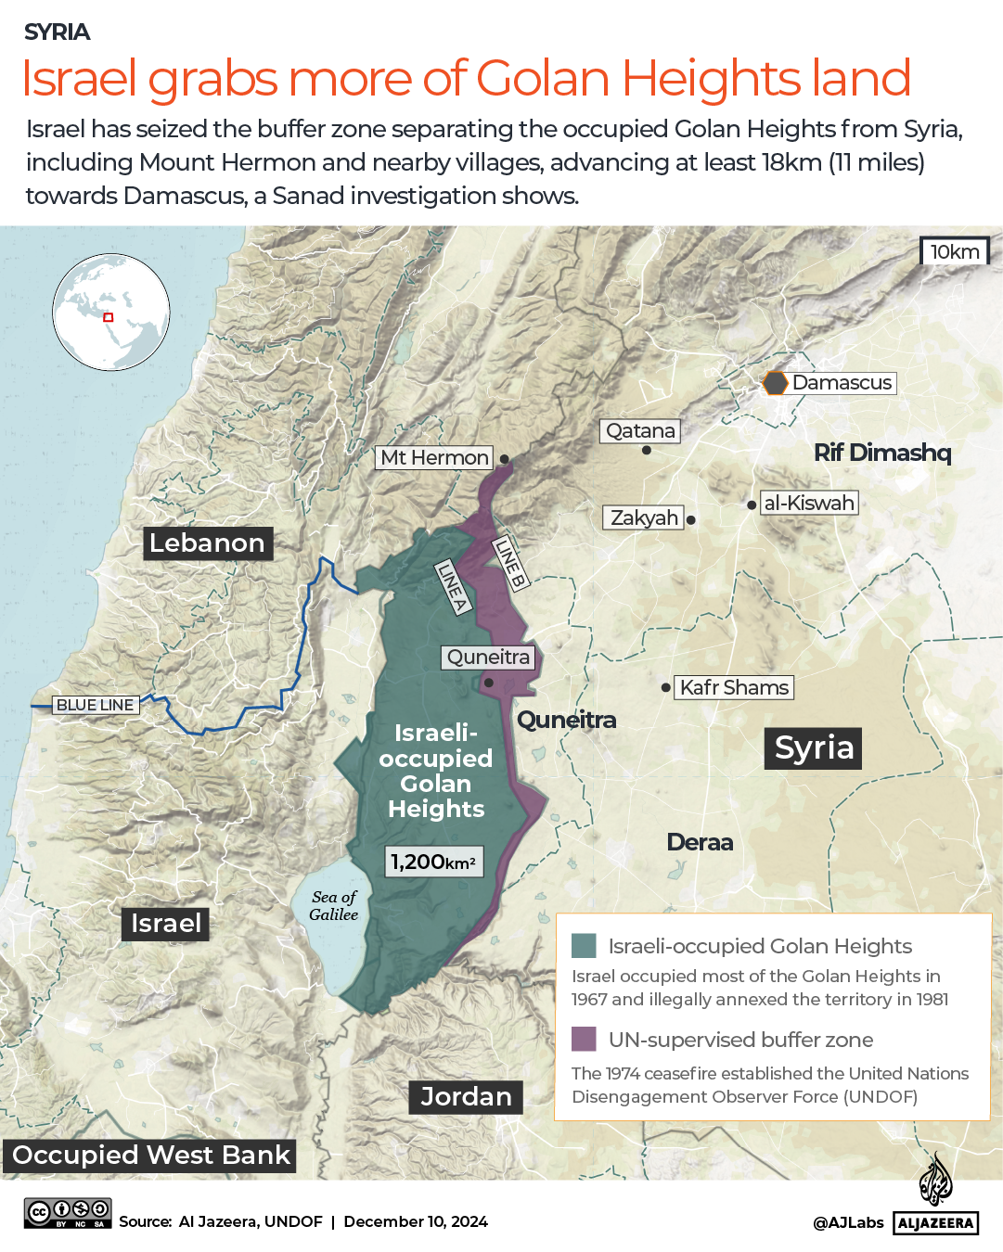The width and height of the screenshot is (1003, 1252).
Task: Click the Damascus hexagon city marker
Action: pyautogui.click(x=775, y=383)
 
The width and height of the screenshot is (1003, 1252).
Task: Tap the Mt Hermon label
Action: pyautogui.click(x=434, y=457)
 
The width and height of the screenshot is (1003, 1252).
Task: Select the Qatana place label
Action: pyautogui.click(x=640, y=431)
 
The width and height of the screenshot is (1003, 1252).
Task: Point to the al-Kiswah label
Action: pyautogui.click(x=808, y=503)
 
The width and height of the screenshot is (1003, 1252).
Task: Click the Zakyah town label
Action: pyautogui.click(x=644, y=517)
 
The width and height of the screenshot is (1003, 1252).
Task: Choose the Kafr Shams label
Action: pyautogui.click(x=734, y=687)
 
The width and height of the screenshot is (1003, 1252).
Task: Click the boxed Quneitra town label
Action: pyautogui.click(x=488, y=658)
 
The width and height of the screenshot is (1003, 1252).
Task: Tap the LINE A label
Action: pyautogui.click(x=453, y=586)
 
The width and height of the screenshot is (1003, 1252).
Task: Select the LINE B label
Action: pyautogui.click(x=509, y=562)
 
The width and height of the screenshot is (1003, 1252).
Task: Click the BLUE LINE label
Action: pyautogui.click(x=95, y=705)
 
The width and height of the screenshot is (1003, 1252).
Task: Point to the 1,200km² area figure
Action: pyautogui.click(x=433, y=862)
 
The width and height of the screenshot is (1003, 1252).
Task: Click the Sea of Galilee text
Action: pyautogui.click(x=334, y=905)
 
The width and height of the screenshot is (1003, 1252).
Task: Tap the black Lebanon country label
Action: pyautogui.click(x=207, y=543)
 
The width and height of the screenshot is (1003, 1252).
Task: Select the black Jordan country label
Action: pyautogui.click(x=466, y=1097)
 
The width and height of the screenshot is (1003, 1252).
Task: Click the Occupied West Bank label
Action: pyautogui.click(x=150, y=1156)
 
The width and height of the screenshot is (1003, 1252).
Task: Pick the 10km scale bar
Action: pyautogui.click(x=955, y=251)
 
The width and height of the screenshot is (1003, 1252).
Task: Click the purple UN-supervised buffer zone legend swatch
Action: pyautogui.click(x=584, y=1039)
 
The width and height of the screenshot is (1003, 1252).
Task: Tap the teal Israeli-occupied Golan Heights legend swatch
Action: pyautogui.click(x=584, y=946)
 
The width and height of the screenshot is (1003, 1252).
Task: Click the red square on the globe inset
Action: pyautogui.click(x=108, y=317)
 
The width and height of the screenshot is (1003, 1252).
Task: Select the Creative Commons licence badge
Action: pyautogui.click(x=68, y=1213)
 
